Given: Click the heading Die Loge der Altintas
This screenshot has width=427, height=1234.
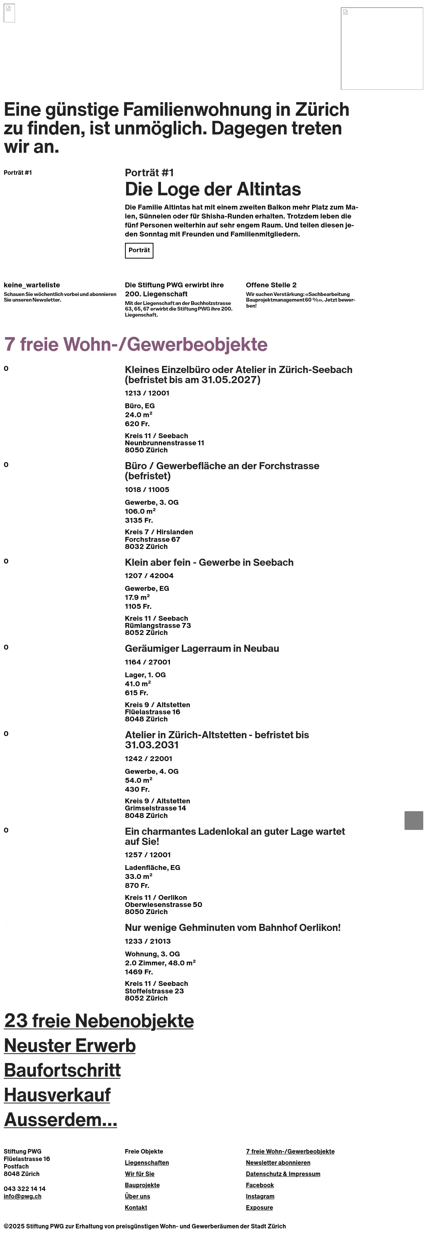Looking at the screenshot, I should coord(213,189).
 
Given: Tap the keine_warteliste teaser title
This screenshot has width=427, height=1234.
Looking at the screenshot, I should coord(32,285).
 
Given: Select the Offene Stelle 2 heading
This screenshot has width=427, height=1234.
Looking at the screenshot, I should coord(271,285).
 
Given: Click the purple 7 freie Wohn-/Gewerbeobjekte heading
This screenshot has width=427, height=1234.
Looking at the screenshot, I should coord(135,345).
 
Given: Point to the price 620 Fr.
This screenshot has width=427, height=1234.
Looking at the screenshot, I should coord(137,424).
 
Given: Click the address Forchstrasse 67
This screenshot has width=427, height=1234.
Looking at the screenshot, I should coord(152,540).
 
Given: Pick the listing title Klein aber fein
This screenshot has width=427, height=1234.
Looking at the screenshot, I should coord(209,562).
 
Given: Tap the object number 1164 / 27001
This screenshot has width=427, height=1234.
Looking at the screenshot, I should coord(147,662).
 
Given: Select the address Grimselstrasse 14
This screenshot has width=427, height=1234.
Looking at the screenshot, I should coord(155,808).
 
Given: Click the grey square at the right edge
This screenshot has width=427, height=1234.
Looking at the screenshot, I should coord(414,820).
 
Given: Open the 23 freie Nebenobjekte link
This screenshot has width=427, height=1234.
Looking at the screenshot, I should coord(99,1021).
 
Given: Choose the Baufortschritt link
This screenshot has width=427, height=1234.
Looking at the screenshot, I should coord(62,1070).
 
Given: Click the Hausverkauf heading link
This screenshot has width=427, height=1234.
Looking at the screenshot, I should coord(57,1095).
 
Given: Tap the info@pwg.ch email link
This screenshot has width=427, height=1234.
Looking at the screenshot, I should coord(22,1196).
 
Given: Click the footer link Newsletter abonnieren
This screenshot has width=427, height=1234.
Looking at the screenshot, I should coord(278,1163).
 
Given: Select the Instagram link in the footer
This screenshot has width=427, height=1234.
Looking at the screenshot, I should coord(260,1196).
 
